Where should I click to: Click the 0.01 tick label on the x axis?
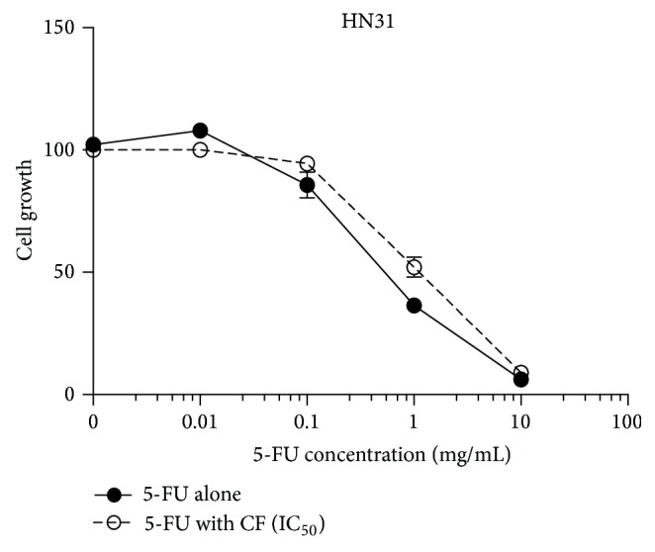pyautogui.click(x=200, y=420)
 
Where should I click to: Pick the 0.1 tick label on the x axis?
pyautogui.click(x=307, y=420)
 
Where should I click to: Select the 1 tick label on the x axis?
pyautogui.click(x=414, y=420)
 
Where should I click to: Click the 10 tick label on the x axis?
pyautogui.click(x=520, y=420)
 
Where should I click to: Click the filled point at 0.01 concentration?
pyautogui.click(x=200, y=131)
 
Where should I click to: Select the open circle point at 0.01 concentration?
pyautogui.click(x=200, y=149)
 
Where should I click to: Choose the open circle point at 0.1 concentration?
pyautogui.click(x=307, y=164)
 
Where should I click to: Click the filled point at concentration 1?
pyautogui.click(x=414, y=306)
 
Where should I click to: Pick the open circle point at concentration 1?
pyautogui.click(x=414, y=267)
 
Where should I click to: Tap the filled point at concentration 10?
pyautogui.click(x=520, y=380)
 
